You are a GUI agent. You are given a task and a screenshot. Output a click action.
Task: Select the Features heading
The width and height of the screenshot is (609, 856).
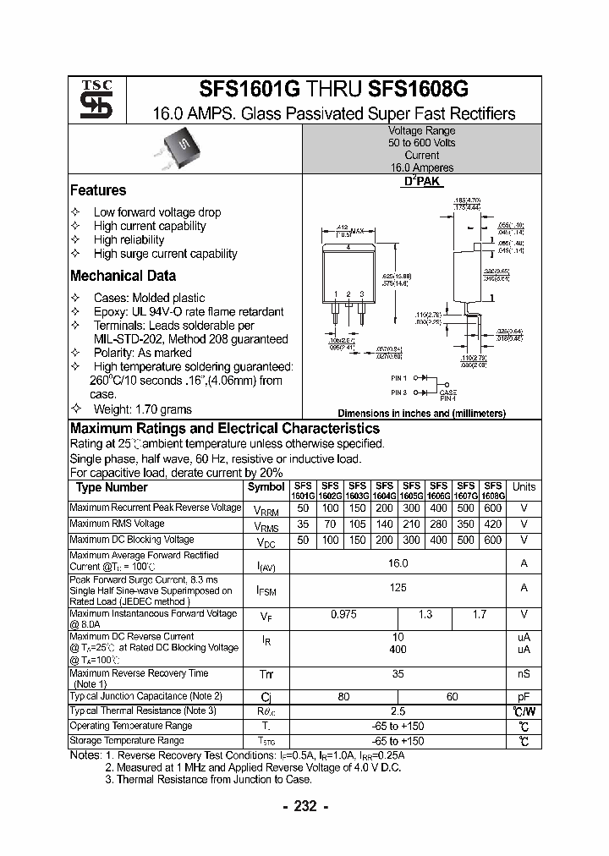(x=98, y=191)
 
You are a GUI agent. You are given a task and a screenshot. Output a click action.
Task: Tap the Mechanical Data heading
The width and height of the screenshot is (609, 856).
(x=123, y=276)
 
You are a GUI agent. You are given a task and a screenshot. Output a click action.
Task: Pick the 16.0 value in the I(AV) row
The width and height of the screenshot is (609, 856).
(x=398, y=562)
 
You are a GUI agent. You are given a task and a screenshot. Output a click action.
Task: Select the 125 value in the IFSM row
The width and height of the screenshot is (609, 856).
(x=398, y=587)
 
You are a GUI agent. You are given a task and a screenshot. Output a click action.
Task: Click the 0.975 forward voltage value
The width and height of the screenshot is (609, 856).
(x=344, y=614)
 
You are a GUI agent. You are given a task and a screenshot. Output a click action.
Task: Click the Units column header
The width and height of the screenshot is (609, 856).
(x=524, y=487)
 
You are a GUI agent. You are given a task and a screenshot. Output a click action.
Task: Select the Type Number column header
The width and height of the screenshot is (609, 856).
(x=112, y=487)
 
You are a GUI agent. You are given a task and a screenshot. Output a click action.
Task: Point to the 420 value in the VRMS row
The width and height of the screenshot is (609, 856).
(x=493, y=524)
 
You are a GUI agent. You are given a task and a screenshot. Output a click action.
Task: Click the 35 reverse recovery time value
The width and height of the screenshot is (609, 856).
(x=398, y=674)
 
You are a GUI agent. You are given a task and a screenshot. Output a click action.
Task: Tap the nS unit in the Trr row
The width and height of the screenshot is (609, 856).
(x=524, y=674)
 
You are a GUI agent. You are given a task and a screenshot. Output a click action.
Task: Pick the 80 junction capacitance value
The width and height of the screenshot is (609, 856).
(x=344, y=696)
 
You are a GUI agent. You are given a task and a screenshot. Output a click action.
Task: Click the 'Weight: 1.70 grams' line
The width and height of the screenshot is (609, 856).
(x=145, y=408)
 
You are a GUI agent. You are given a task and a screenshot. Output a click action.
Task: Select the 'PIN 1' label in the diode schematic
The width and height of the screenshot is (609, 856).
(x=399, y=378)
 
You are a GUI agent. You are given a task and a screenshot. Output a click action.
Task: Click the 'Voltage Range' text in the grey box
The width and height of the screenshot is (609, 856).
(x=421, y=131)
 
